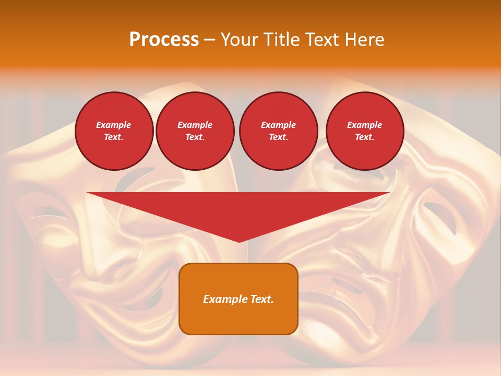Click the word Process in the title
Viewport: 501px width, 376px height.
(x=164, y=39)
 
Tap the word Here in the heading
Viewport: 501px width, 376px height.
(x=365, y=39)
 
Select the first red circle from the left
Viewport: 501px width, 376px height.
(x=114, y=131)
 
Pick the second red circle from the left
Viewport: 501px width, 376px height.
(x=195, y=131)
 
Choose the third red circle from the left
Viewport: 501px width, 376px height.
(x=278, y=131)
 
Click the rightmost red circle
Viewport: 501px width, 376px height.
(x=365, y=131)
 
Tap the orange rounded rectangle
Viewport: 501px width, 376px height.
(x=238, y=299)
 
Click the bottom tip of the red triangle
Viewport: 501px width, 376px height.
(x=239, y=241)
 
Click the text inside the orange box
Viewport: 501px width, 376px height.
(x=238, y=299)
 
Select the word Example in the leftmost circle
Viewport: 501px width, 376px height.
(x=114, y=125)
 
